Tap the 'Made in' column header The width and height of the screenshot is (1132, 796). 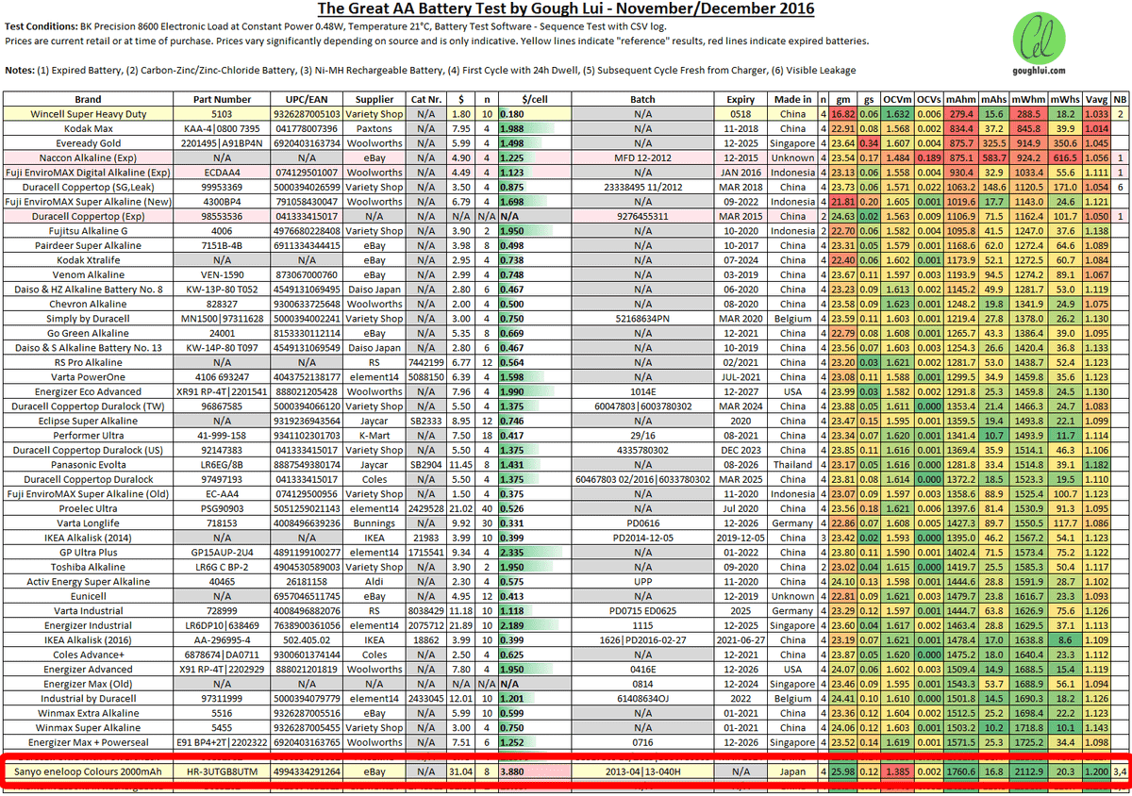point(793,99)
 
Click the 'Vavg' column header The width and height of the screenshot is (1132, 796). point(1095,99)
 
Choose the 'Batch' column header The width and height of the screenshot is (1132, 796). point(642,99)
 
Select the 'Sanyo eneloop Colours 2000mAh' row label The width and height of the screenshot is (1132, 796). point(91,771)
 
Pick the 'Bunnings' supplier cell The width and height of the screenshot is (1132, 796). point(375,522)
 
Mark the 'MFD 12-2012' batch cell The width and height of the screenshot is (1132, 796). point(642,157)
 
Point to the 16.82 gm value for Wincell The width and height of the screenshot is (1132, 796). point(842,113)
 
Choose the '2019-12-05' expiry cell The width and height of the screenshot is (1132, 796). point(738,536)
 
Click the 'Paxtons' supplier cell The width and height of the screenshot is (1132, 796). point(375,128)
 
